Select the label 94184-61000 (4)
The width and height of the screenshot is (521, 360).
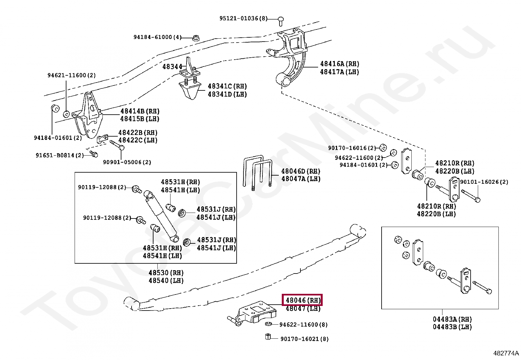tap(157, 37)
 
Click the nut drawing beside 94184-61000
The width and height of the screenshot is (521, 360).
tap(196, 38)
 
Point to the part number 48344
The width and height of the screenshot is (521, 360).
tap(172, 67)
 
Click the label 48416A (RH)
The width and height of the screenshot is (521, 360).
tap(339, 64)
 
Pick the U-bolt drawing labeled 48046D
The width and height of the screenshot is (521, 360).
tap(258, 174)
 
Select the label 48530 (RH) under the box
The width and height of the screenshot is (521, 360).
tap(166, 273)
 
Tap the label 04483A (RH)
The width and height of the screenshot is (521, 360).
tap(452, 319)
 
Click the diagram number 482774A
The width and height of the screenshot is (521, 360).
tap(506, 353)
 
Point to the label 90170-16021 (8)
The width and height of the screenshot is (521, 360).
tap(304, 339)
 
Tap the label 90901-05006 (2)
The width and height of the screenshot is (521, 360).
tap(127, 162)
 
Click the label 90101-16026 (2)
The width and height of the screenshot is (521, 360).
tap(484, 182)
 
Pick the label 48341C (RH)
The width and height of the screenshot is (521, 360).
tap(227, 86)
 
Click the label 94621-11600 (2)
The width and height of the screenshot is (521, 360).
tap(72, 75)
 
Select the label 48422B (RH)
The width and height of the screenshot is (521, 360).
tap(138, 133)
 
